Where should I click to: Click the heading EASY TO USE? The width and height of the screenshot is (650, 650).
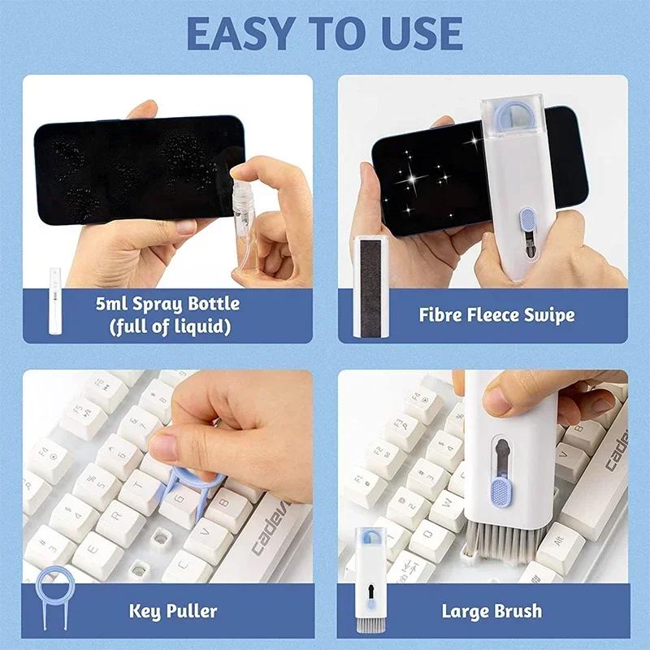click(324, 33)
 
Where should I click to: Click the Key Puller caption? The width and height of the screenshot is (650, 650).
click(173, 609)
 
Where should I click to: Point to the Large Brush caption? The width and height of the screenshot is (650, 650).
click(492, 610)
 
